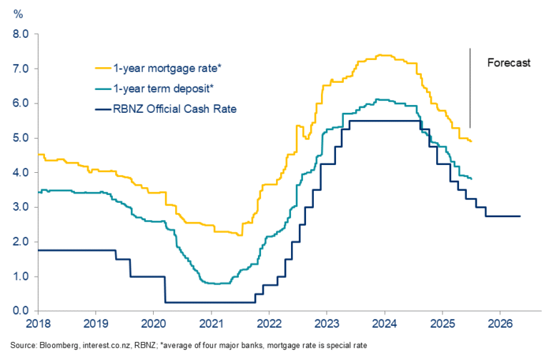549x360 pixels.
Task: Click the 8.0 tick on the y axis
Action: click(x=20, y=34)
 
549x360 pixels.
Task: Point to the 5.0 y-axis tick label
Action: click(x=20, y=138)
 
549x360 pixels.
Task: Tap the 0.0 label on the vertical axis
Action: click(x=20, y=311)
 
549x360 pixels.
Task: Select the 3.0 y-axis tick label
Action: click(x=20, y=207)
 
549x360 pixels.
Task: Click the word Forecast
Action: click(x=509, y=63)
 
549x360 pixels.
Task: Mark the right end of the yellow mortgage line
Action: click(x=471, y=141)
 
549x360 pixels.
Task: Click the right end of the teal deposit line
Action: click(x=471, y=178)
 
